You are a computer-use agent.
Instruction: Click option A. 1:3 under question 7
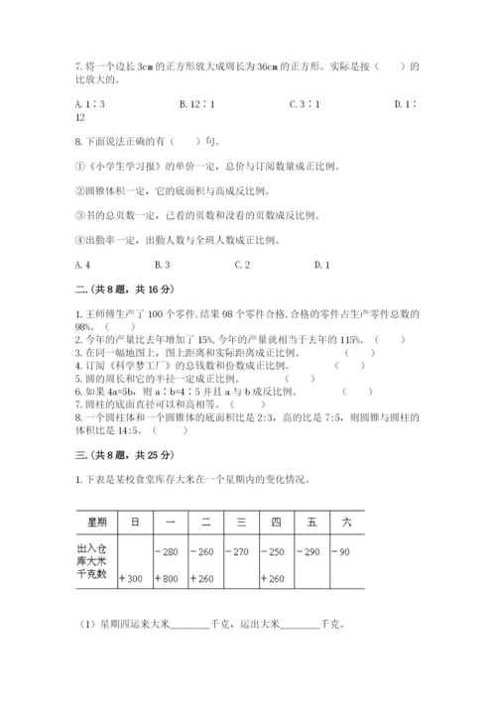pyautogui.click(x=90, y=103)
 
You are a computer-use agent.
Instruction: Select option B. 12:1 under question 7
pyautogui.click(x=192, y=103)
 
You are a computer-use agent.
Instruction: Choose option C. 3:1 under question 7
pyautogui.click(x=302, y=103)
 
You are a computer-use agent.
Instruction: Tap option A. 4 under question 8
pyautogui.click(x=83, y=265)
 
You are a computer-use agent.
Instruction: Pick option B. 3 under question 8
pyautogui.click(x=163, y=265)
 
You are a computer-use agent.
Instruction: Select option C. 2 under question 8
pyautogui.click(x=241, y=265)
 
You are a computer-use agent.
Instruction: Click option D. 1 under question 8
pyautogui.click(x=321, y=265)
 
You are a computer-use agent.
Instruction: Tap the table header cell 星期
pyautogui.click(x=96, y=521)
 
